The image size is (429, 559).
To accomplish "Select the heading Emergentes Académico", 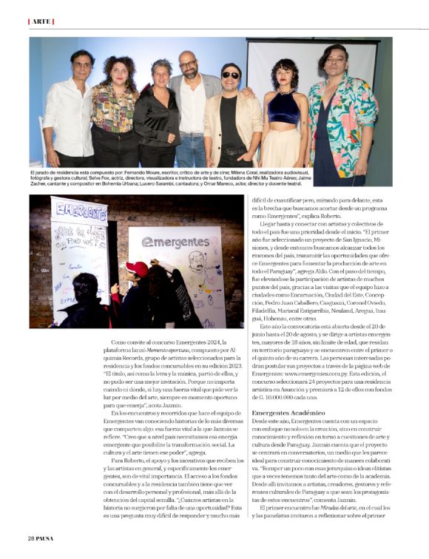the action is pyautogui.click(x=287, y=411).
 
